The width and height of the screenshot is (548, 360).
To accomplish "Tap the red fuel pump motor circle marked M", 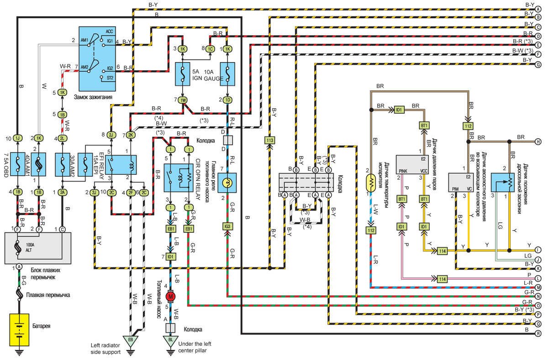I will click(x=171, y=296).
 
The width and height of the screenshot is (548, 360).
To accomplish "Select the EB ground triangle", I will click(x=130, y=340).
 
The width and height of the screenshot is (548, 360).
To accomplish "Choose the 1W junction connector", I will click(x=183, y=100).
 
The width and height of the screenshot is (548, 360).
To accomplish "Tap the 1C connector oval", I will click(x=210, y=49).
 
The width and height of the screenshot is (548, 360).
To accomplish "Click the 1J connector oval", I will click(x=17, y=138).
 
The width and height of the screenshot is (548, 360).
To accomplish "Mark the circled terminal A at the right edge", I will click(x=538, y=10).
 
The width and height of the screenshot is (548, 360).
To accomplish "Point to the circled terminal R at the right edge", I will click(x=538, y=334).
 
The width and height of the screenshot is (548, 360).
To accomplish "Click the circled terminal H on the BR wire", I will click(x=538, y=142).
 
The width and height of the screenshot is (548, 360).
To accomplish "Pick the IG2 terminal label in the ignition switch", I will click(x=110, y=68).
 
